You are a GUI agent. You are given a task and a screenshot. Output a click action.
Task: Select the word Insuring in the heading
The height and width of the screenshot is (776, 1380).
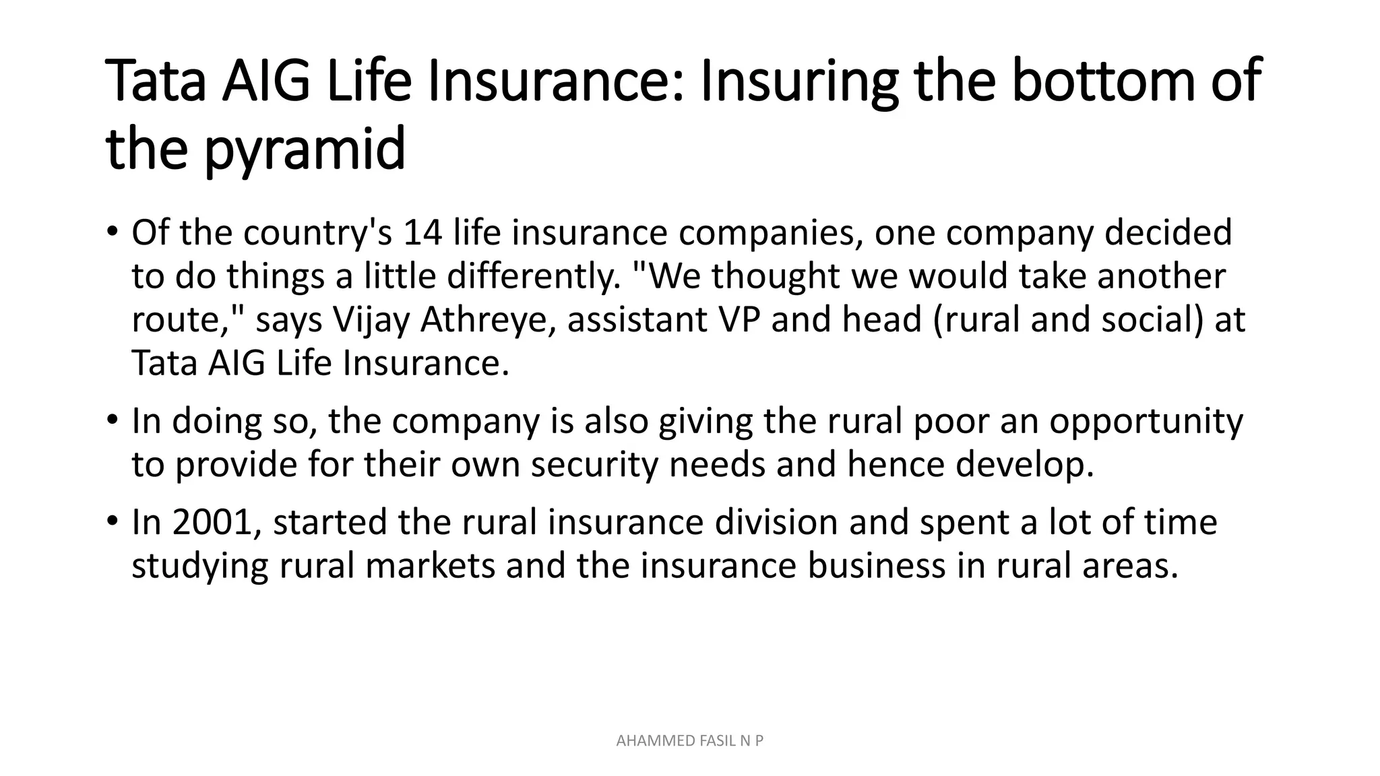coord(799,81)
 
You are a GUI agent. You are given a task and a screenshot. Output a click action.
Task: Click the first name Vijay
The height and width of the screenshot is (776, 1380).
coord(372,320)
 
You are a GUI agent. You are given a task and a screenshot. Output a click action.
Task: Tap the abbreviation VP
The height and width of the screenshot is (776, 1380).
coord(739,320)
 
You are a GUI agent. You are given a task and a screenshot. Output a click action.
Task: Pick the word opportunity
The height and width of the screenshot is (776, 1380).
coord(1146,422)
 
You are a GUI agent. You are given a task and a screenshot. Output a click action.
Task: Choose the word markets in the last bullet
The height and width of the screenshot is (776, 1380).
coord(431,566)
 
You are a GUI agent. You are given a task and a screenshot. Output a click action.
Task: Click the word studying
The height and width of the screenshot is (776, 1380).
coord(200,566)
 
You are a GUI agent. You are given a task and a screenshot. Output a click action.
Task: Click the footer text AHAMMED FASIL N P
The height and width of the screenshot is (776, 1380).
coord(690,741)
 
